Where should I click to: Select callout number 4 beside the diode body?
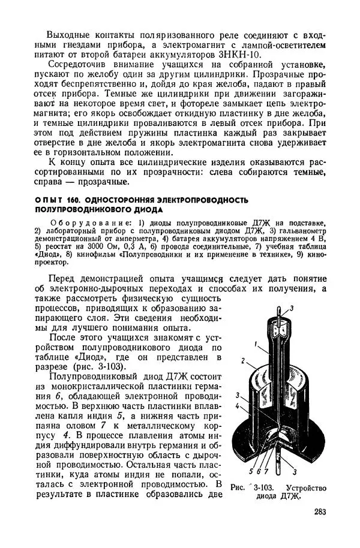tap(238, 407)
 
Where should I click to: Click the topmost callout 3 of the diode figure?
tap(292, 308)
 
